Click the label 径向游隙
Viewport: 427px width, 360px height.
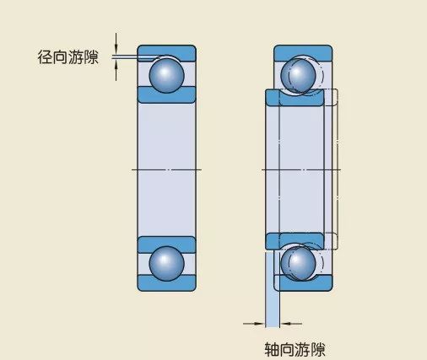pos(68,57)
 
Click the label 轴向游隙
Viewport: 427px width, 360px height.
pos(295,349)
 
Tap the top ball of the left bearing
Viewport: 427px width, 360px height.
pos(166,75)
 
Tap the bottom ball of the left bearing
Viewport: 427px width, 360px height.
pos(166,264)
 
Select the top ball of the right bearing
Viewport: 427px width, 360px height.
pos(298,75)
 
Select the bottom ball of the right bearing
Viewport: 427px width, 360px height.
pos(298,264)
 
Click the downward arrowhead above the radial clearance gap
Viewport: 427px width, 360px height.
pos(116,48)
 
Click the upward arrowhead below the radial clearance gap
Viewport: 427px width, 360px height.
pos(116,66)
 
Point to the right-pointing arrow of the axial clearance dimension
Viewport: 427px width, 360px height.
pos(254,324)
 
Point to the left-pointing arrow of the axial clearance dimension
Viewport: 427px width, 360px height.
pos(291,324)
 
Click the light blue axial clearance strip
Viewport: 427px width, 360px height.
pos(273,289)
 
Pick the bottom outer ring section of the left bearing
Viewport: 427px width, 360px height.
pos(166,283)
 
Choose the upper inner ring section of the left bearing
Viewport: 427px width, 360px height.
pos(166,95)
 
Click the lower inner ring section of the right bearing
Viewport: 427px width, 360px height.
pos(295,240)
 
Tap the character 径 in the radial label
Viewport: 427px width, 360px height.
pos(45,57)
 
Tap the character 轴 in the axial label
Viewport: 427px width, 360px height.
pos(272,349)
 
